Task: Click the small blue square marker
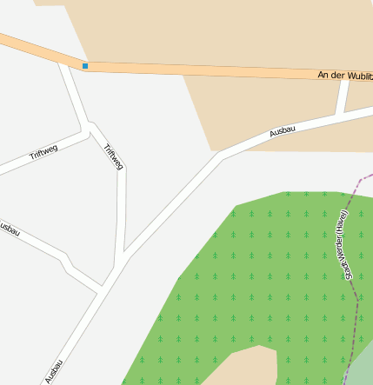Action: click(x=85, y=66)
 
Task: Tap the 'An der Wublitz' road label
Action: click(x=345, y=76)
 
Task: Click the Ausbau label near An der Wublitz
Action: click(x=283, y=131)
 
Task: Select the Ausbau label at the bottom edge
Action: click(x=54, y=371)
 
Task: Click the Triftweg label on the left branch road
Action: click(x=43, y=154)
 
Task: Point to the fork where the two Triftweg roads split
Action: click(x=90, y=129)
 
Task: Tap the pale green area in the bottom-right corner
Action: click(x=364, y=365)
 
